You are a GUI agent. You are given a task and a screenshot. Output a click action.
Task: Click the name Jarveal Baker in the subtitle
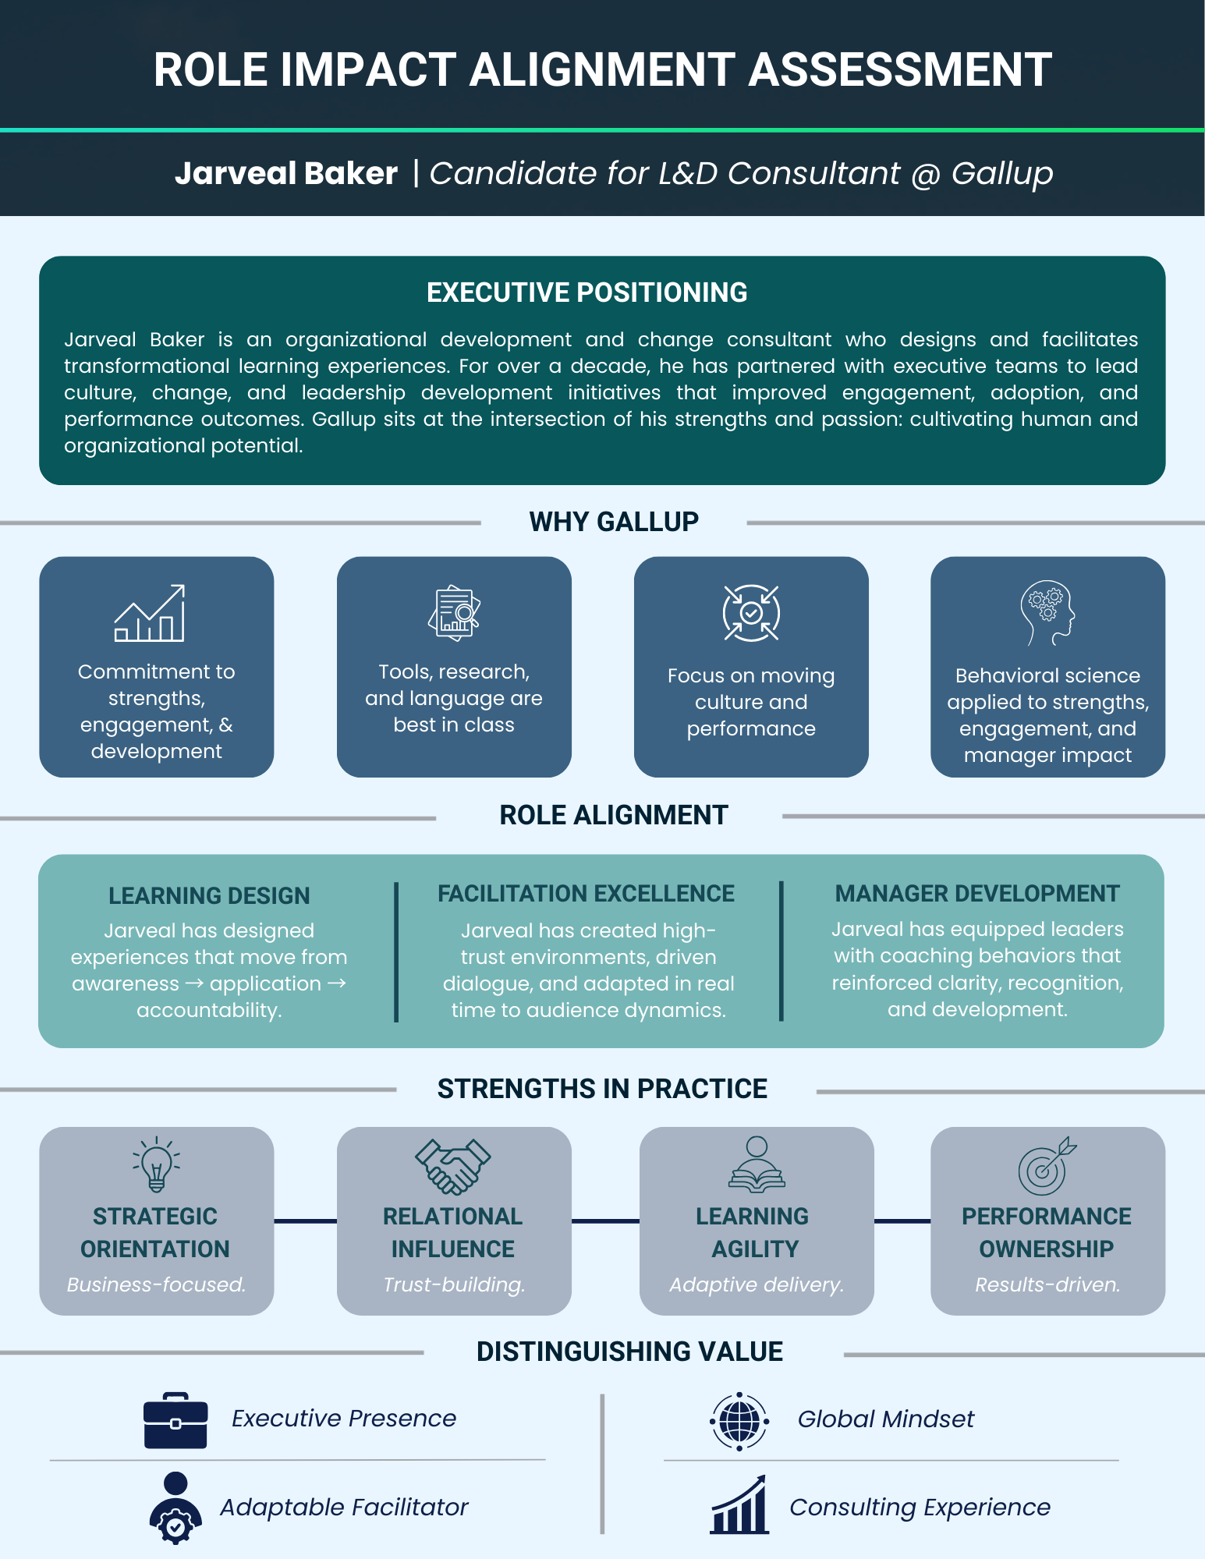(286, 173)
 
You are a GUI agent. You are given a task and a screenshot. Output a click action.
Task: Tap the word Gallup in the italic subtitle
(1002, 173)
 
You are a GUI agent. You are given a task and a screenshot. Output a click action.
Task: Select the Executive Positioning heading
(587, 292)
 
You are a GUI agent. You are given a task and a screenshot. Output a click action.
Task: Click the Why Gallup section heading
(614, 522)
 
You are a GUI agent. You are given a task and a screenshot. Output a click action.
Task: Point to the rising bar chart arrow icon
(150, 614)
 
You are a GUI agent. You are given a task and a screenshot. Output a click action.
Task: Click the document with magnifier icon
(454, 613)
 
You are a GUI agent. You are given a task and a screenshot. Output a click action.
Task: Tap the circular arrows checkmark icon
(751, 613)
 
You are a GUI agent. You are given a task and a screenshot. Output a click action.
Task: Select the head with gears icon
(1047, 613)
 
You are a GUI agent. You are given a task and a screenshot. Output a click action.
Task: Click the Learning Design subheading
(209, 895)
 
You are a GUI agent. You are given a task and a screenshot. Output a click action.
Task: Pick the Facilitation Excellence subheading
(586, 894)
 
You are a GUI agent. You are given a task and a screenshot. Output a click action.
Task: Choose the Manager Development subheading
(977, 894)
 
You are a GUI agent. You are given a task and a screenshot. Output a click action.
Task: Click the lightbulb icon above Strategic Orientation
(156, 1164)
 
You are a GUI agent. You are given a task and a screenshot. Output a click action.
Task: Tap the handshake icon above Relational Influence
(453, 1166)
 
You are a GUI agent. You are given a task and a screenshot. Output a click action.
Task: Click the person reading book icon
(757, 1165)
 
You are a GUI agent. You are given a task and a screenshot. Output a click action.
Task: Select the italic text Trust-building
(454, 1284)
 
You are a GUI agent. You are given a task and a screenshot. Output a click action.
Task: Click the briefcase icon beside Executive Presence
(175, 1420)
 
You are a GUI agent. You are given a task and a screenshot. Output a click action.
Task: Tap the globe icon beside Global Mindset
(739, 1421)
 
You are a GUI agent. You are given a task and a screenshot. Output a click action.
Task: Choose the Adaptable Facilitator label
(344, 1508)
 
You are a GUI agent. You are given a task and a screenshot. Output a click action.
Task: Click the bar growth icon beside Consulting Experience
(739, 1506)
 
